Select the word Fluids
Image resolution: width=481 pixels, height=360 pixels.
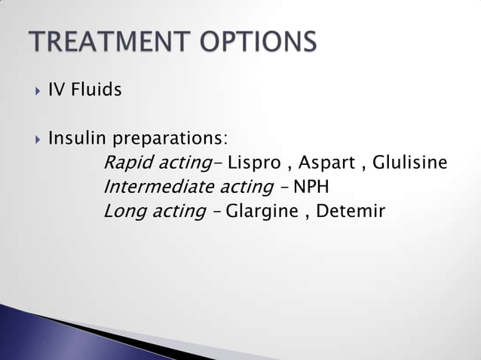[96, 91]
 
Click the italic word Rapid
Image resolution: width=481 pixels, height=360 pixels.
[125, 163]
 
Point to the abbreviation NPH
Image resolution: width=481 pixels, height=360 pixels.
[311, 187]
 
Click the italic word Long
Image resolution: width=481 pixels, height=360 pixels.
[122, 211]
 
